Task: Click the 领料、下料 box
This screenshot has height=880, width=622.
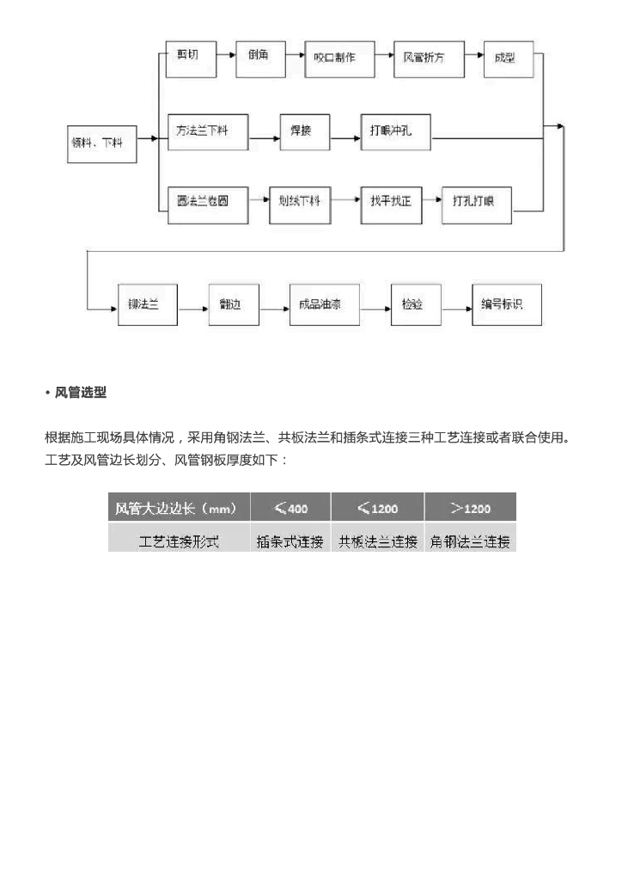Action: point(97,142)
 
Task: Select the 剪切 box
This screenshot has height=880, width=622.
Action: point(188,57)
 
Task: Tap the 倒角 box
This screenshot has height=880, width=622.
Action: point(260,57)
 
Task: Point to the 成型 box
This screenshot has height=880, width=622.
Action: point(509,59)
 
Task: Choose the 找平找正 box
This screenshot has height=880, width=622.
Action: point(392,202)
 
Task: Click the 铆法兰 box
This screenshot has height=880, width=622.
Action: point(147,304)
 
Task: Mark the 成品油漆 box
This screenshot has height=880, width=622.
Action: point(316,304)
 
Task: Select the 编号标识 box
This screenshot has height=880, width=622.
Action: point(507,304)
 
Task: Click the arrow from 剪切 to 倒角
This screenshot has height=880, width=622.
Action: point(224,57)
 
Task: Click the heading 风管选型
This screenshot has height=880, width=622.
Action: point(81,393)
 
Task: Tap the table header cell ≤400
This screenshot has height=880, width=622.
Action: point(290,507)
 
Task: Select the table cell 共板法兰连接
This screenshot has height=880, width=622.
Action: point(378,541)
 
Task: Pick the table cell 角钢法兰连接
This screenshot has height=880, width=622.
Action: point(471,541)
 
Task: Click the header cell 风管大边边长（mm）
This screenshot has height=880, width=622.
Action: point(179,507)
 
